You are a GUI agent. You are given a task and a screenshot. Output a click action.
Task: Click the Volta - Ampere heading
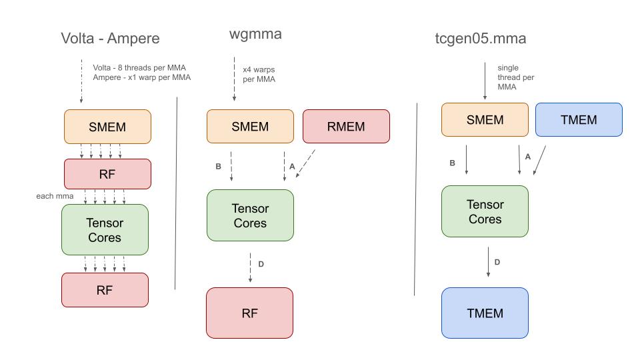[x=110, y=38]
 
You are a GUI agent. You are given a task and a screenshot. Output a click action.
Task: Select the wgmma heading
[x=255, y=34]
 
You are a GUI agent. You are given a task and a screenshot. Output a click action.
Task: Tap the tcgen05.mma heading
[x=480, y=38]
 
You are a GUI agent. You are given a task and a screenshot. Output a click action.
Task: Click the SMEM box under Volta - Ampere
[x=107, y=127]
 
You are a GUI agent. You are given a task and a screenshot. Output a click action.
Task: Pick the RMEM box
[x=346, y=127]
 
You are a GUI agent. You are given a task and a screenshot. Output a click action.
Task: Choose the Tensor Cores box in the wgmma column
[x=250, y=215]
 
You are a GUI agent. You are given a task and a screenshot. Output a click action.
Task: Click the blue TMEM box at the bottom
[x=485, y=313]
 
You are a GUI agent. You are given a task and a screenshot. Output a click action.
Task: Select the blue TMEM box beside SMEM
[x=579, y=120]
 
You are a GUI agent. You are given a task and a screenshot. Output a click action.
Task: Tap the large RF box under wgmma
[x=250, y=313]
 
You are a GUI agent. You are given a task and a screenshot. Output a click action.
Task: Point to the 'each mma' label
[x=54, y=197]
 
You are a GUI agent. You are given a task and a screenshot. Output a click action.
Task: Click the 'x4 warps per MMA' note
[x=259, y=74]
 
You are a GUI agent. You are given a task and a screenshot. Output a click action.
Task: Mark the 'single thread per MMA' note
[x=515, y=77]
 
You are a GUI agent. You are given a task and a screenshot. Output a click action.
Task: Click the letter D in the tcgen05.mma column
[x=497, y=262]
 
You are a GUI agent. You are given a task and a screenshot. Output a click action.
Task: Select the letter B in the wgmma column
[x=218, y=167]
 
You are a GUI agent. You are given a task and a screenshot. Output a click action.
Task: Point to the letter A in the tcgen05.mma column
[x=528, y=157]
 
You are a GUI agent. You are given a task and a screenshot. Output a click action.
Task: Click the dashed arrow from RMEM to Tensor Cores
[x=305, y=163]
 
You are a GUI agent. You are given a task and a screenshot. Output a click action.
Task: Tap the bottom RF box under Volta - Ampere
[x=105, y=290]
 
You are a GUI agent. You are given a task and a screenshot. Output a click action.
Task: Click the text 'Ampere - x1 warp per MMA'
[x=141, y=77]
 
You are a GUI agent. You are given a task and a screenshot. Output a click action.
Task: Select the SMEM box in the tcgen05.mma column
[x=485, y=120]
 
